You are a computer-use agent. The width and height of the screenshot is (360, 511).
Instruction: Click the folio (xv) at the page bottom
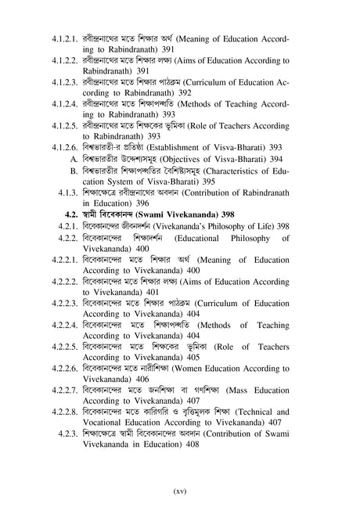[x=178, y=491]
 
